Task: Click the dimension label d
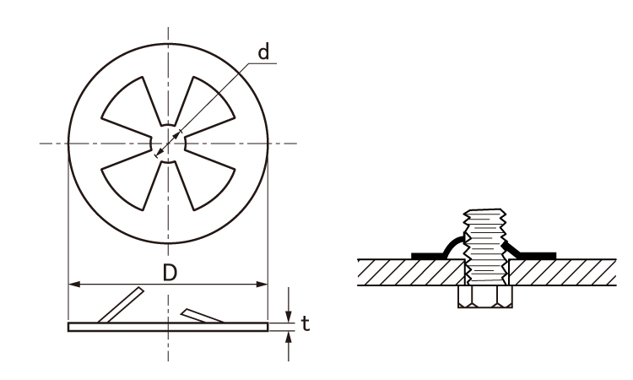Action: click(x=263, y=52)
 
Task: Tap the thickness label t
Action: click(x=306, y=323)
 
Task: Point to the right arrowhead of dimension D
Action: click(x=262, y=285)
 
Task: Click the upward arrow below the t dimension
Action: click(x=289, y=346)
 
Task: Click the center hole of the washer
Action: click(x=168, y=144)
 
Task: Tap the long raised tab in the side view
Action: click(x=121, y=305)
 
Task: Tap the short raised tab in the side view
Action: click(x=203, y=316)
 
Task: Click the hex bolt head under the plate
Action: click(x=485, y=297)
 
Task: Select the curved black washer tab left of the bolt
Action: click(x=438, y=250)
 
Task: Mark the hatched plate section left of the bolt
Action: click(x=411, y=273)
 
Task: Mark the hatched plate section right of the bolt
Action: click(x=563, y=273)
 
